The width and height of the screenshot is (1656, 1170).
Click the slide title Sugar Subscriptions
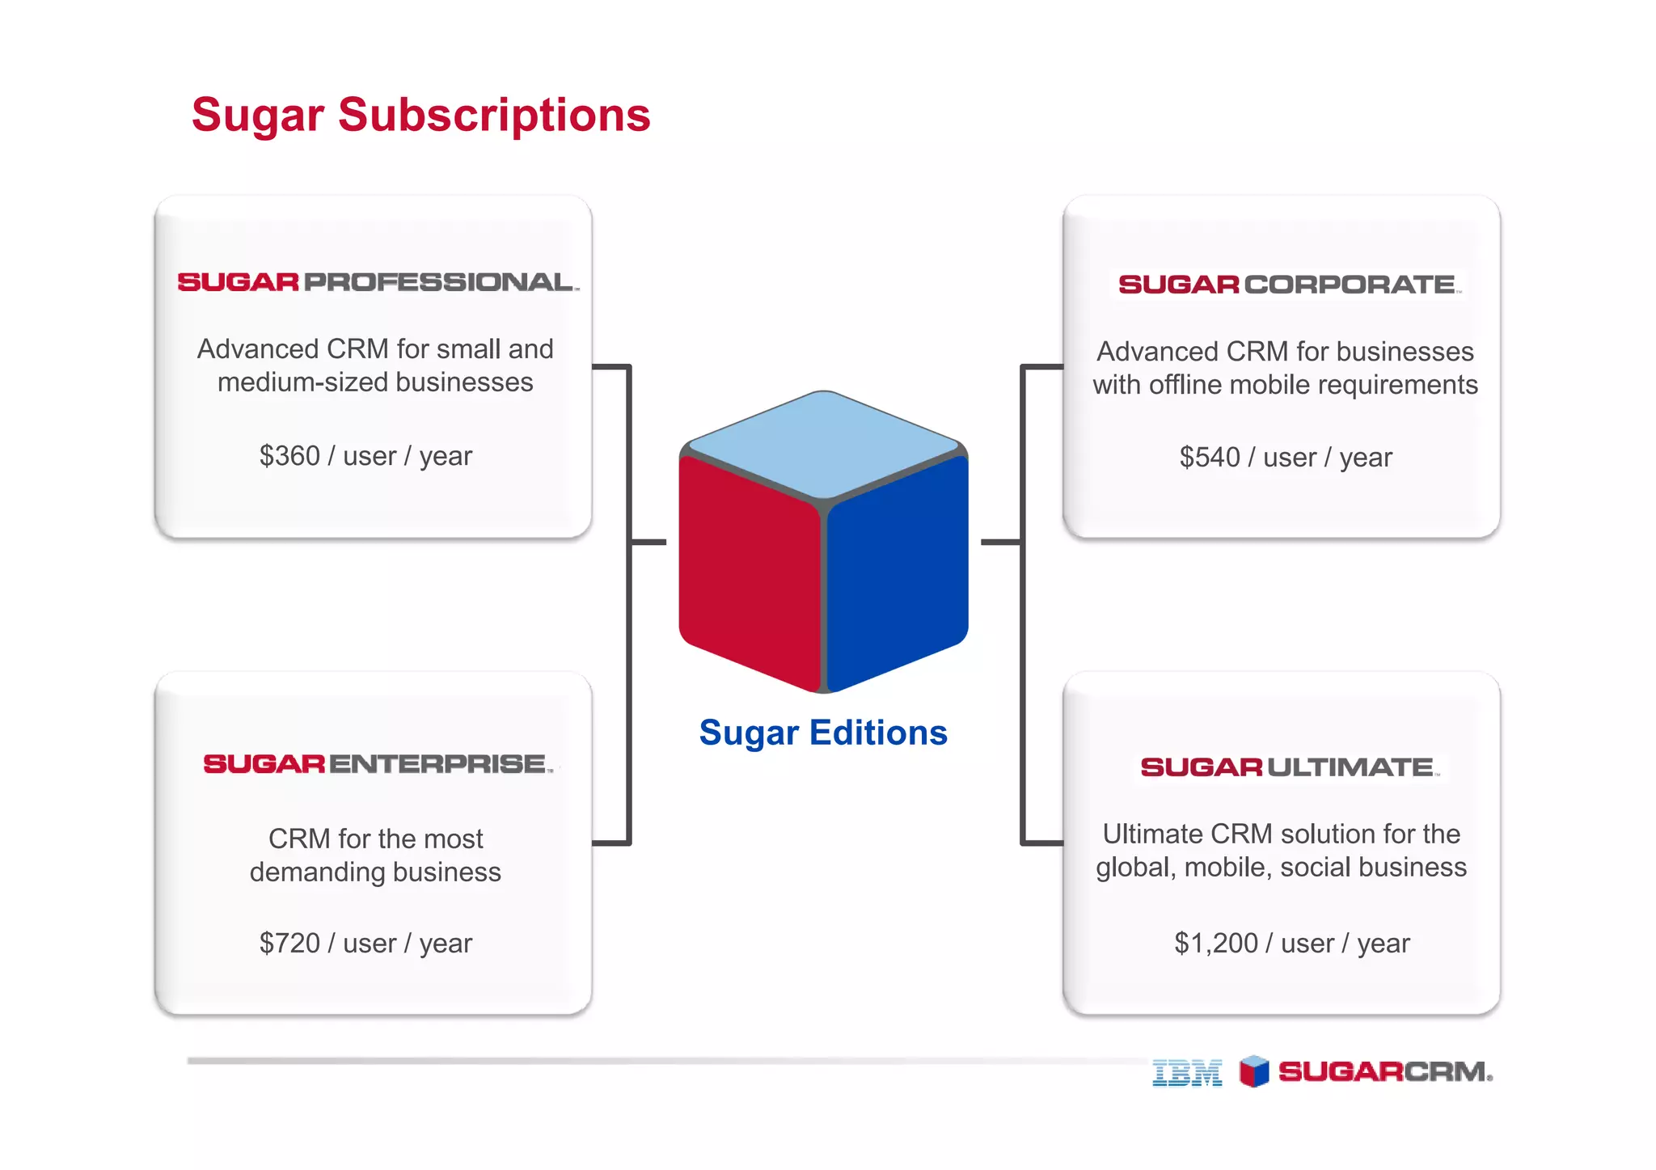point(420,115)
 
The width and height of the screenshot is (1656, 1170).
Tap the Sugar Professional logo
point(378,282)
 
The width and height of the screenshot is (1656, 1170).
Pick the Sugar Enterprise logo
point(378,764)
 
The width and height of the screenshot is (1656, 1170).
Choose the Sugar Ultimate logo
point(1289,767)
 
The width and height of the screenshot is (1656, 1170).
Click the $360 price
point(289,456)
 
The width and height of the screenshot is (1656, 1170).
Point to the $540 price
point(1210,458)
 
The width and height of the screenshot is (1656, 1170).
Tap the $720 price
point(289,943)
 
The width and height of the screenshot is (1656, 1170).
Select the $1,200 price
point(1215,943)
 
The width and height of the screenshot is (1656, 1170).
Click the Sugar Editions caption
point(822,733)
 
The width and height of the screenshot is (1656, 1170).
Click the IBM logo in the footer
point(1186,1073)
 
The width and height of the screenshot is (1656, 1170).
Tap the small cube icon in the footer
point(1254,1072)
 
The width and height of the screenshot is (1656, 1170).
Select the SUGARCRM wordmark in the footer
point(1384,1072)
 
